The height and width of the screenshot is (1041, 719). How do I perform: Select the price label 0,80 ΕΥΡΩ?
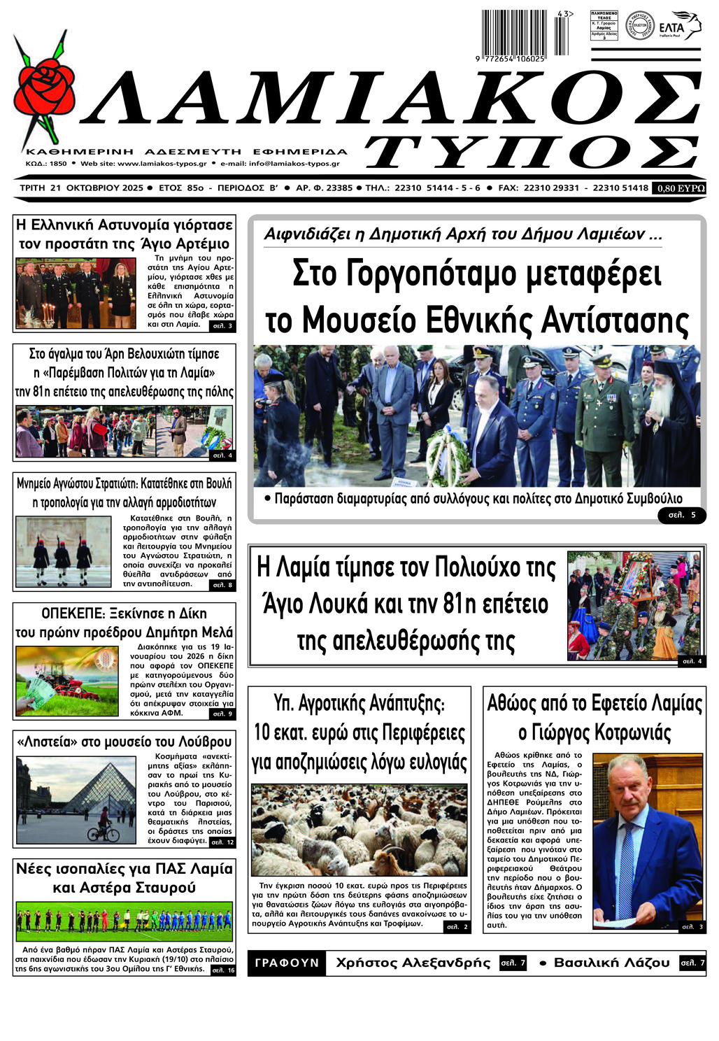click(679, 188)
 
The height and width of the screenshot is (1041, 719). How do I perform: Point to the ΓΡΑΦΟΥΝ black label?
click(287, 963)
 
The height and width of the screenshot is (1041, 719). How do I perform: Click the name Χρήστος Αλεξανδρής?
click(413, 963)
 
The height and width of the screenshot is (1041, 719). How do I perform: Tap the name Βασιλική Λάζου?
click(611, 963)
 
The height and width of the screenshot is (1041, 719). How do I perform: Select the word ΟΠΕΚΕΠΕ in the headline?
click(76, 614)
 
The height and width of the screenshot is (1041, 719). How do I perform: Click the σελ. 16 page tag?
click(223, 970)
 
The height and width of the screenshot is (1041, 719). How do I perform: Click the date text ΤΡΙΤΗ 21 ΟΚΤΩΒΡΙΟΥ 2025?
click(82, 188)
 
